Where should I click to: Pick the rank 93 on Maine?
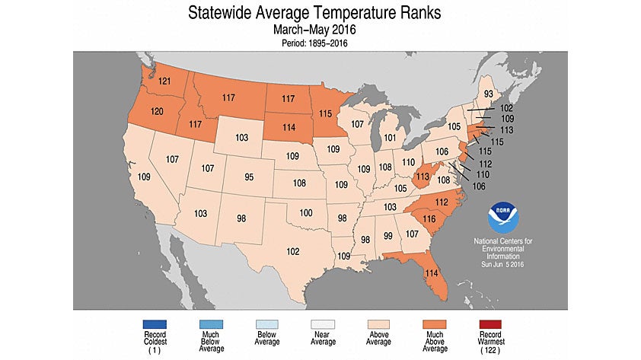pyautogui.click(x=488, y=94)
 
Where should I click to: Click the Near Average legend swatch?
pyautogui.click(x=320, y=325)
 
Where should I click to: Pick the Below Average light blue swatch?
pyautogui.click(x=265, y=325)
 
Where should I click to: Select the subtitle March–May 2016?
pyautogui.click(x=320, y=30)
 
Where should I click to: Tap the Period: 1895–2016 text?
pyautogui.click(x=320, y=44)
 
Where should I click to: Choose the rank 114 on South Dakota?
pyautogui.click(x=287, y=126)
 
